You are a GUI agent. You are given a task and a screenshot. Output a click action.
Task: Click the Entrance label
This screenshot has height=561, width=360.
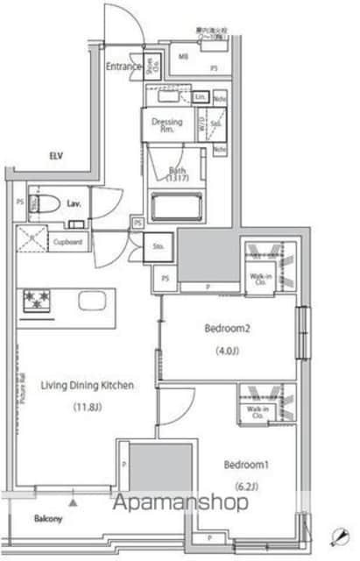pos(124,66)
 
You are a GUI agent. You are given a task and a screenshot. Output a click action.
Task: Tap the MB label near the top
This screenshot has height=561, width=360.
pos(183,57)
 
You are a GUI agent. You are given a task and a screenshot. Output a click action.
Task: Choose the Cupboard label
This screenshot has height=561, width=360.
pos(67,241)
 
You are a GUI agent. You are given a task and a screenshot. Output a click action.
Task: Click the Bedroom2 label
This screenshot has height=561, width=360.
pos(228,329)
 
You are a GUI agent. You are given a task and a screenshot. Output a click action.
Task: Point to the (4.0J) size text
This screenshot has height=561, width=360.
pos(228,354)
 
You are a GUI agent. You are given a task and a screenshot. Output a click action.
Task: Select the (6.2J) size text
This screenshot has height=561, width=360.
pos(243,486)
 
